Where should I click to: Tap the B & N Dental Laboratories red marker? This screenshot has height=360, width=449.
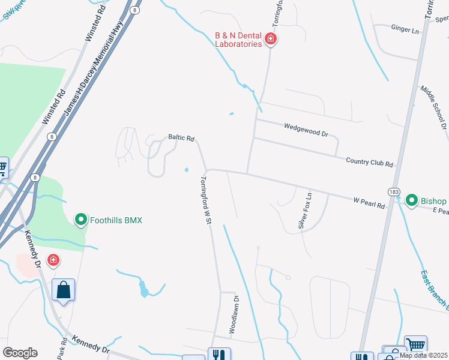tap(271, 40)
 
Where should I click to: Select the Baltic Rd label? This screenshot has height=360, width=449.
tap(181, 138)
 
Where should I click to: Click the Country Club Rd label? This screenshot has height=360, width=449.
tap(369, 162)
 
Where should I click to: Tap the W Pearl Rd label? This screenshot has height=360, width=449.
tap(369, 204)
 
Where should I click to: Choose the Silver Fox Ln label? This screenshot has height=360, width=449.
tap(306, 210)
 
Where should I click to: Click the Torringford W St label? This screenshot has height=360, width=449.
tap(206, 200)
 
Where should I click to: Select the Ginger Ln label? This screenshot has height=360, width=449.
tap(405, 29)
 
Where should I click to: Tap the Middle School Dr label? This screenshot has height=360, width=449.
tap(433, 107)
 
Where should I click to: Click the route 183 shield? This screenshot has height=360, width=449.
tap(394, 192)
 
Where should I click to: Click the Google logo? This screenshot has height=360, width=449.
tap(19, 353)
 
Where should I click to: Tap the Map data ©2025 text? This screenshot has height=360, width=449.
tap(423, 355)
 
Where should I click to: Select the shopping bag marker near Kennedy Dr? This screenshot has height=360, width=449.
tap(64, 291)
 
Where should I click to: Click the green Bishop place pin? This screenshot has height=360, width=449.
tap(412, 200)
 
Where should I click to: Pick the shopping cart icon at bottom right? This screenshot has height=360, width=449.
tap(415, 345)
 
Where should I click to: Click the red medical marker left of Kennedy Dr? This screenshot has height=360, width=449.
tap(53, 260)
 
